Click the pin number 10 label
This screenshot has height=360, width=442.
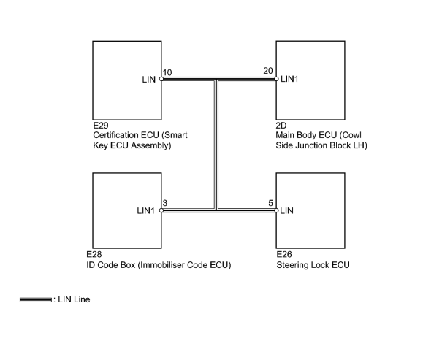[167, 72]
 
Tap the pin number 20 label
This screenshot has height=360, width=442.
[268, 71]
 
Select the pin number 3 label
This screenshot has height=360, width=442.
[165, 203]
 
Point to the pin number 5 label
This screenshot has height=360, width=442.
[270, 203]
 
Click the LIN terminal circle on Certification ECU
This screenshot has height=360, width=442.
[161, 79]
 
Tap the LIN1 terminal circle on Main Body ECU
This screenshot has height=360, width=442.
[276, 79]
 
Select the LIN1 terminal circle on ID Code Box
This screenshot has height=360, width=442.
[161, 210]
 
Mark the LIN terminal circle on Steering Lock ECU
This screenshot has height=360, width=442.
[276, 210]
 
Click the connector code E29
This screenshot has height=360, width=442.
[101, 126]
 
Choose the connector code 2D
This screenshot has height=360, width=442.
[281, 126]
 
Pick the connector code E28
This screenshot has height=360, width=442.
[94, 254]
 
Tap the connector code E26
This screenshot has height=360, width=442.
[284, 254]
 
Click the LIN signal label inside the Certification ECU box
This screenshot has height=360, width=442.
[149, 80]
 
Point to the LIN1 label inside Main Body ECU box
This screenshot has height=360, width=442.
[289, 79]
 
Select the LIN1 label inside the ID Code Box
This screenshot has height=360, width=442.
[145, 210]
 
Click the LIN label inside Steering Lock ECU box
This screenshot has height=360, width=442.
[286, 210]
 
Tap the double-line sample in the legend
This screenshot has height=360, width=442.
[36, 300]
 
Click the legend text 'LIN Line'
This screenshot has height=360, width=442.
[74, 299]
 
